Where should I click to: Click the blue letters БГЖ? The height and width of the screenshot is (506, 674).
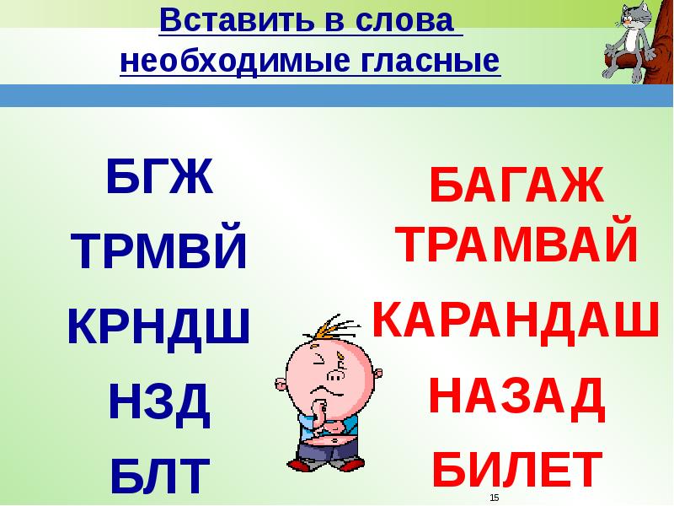point(159,178)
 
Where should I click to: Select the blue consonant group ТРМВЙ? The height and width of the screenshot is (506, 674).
point(159,252)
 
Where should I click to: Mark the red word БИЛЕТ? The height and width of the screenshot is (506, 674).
point(516,469)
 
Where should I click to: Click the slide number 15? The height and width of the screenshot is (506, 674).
point(495,498)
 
